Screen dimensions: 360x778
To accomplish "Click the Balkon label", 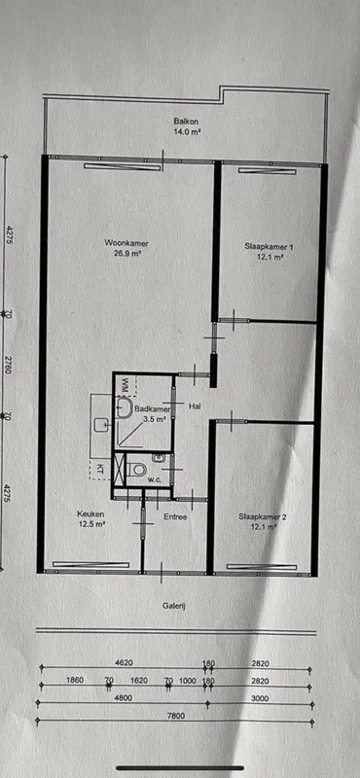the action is (183, 121).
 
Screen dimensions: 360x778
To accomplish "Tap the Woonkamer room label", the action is (126, 243).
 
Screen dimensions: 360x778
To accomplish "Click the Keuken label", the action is (90, 513).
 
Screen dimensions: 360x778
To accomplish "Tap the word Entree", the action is (175, 517).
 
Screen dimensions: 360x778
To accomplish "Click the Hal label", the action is (195, 407).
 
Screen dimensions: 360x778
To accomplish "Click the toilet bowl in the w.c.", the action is (139, 469).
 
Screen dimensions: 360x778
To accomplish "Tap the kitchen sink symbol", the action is (102, 424).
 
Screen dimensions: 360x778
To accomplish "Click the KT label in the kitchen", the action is (100, 469).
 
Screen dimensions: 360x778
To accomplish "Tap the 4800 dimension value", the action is (123, 698).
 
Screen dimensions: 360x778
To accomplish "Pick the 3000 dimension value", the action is (260, 698).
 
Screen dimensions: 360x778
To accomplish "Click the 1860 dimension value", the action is (74, 680).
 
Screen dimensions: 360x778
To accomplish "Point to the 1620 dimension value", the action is (139, 680).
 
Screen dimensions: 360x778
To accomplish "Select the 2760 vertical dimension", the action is (8, 364).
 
